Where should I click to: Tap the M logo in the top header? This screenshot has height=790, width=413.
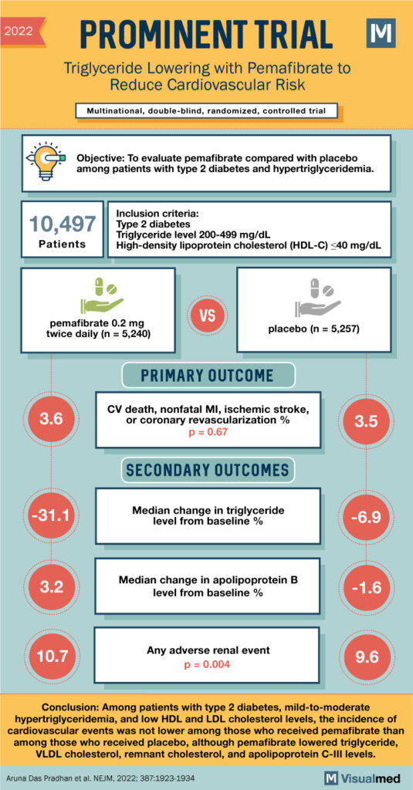381,34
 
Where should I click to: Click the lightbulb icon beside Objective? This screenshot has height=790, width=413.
48,160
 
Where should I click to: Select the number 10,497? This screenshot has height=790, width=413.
63,225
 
